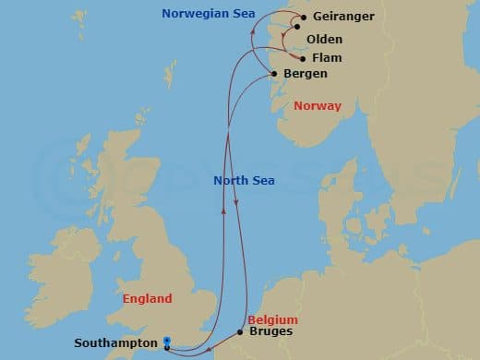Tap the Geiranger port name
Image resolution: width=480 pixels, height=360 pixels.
[x=344, y=17]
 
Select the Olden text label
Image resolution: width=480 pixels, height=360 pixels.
[x=324, y=40]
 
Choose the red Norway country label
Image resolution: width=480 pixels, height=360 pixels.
[x=318, y=106]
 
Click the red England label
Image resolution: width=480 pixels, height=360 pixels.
[x=148, y=299]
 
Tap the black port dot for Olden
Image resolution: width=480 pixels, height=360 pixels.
[x=297, y=40]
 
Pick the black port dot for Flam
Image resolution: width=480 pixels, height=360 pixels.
[x=303, y=57]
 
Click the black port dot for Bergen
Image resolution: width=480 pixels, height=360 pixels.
[x=276, y=72]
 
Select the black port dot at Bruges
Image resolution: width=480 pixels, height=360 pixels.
[x=240, y=331]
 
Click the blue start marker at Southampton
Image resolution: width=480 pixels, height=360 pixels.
[x=166, y=341]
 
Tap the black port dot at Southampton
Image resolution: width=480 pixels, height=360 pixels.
[x=166, y=348]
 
